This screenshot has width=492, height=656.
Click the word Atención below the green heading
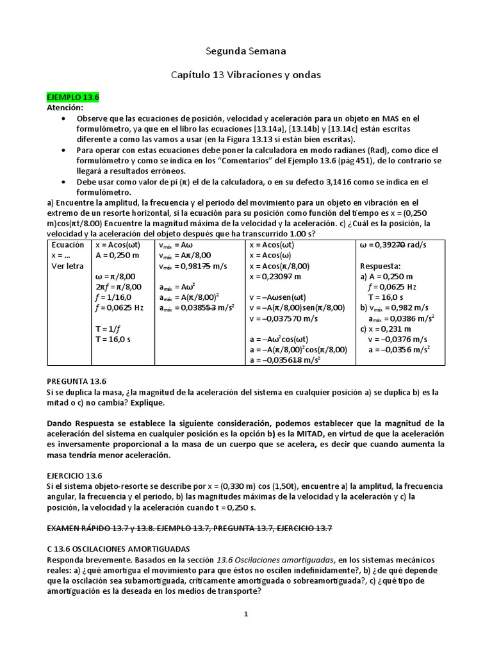click(x=66, y=108)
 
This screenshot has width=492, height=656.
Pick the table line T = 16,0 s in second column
click(x=114, y=340)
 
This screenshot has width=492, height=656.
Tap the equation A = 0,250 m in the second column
click(x=117, y=255)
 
